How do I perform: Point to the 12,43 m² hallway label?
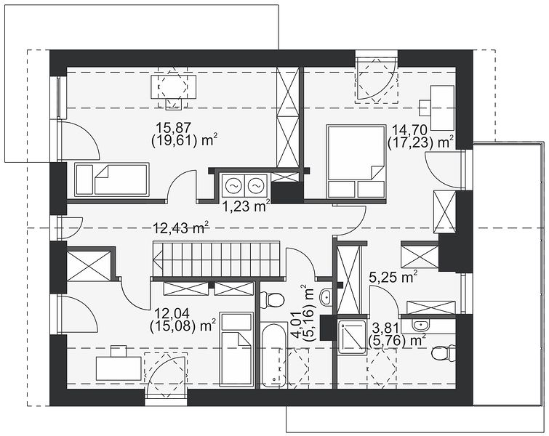181,227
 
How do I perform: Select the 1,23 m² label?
247,206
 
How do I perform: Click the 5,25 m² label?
393,278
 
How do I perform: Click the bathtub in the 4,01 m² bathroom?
275,355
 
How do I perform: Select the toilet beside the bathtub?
273,300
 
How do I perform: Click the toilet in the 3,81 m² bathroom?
444,352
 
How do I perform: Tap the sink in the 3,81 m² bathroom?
420,325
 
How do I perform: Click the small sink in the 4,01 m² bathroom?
326,297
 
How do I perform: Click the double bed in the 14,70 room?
356,161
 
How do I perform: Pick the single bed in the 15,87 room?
112,179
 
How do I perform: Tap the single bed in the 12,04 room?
238,350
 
